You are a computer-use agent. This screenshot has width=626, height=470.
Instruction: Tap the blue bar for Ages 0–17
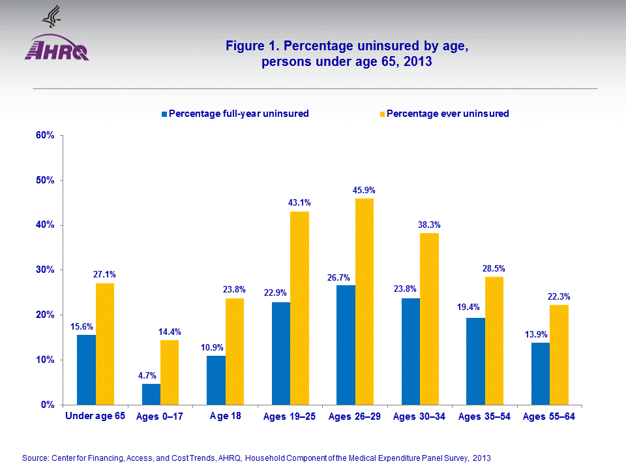[151, 394]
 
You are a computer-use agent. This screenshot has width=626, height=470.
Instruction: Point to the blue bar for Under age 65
[86, 369]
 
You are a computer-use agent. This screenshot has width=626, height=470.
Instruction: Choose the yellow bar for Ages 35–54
[494, 341]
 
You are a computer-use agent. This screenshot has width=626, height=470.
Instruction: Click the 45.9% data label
[364, 190]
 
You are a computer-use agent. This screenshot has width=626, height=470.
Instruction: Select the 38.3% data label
[429, 224]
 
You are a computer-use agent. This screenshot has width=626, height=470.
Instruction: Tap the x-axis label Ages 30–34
[419, 416]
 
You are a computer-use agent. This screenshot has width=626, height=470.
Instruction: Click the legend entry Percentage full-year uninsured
[238, 114]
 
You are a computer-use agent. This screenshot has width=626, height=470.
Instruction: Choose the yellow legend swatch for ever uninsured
[382, 114]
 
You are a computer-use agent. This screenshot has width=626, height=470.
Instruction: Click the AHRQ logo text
[57, 52]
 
